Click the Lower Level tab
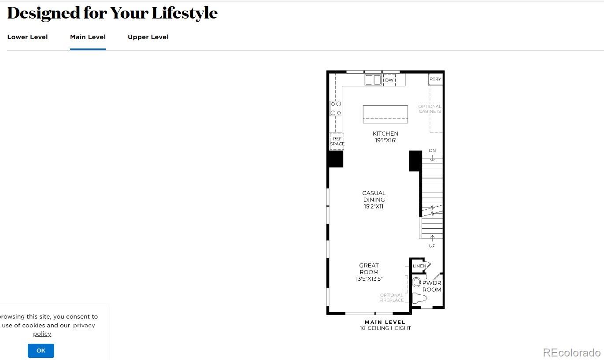[x=27, y=37]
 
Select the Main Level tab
[x=88, y=37]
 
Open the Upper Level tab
[x=148, y=37]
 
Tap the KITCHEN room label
[x=385, y=134]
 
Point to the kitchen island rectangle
[x=385, y=114]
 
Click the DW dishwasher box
[x=389, y=80]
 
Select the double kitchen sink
[x=373, y=80]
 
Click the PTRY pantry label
[x=435, y=79]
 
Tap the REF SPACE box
[x=337, y=141]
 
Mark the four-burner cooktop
[x=336, y=108]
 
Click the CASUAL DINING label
[x=374, y=197]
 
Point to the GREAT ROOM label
[x=369, y=269]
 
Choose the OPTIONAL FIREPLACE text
[x=391, y=298]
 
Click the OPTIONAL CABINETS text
[x=430, y=109]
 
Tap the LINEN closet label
[x=419, y=266]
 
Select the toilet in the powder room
[x=420, y=298]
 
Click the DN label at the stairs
[x=432, y=151]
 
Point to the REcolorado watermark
[x=571, y=353]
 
